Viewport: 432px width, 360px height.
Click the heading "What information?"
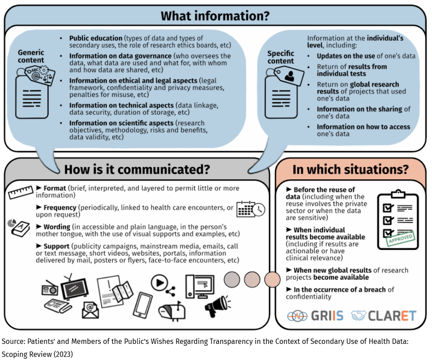[215, 16]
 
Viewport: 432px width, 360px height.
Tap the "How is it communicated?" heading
[137, 169]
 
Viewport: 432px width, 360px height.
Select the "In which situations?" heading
[351, 169]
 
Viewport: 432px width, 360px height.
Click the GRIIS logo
[315, 316]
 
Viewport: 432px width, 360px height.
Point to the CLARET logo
[384, 316]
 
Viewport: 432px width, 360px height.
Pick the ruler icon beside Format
[21, 192]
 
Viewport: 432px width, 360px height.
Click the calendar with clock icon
[251, 209]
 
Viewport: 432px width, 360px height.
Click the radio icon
[50, 288]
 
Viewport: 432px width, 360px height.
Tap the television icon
[75, 288]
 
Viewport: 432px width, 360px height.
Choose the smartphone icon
[142, 305]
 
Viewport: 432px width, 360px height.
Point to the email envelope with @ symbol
[90, 310]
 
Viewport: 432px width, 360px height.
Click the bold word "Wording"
[57, 227]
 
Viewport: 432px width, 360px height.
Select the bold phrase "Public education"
[96, 38]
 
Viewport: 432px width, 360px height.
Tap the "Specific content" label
[281, 57]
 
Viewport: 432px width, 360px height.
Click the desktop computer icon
[200, 287]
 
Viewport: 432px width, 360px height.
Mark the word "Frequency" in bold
[60, 208]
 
